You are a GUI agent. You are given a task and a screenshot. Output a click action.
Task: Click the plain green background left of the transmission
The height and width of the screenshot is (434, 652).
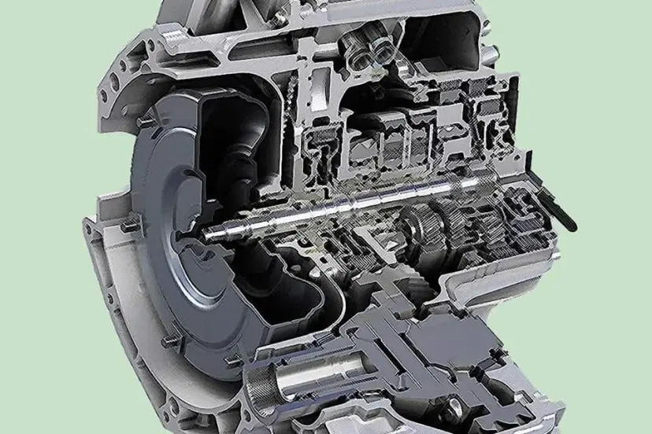tap(39, 220)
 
